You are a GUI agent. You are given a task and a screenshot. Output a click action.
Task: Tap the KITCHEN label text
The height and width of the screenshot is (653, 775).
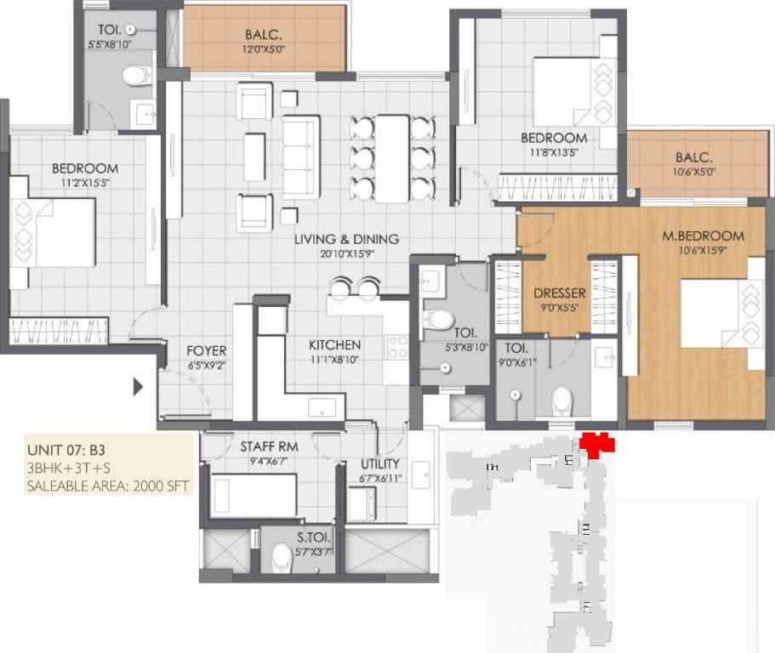(x=334, y=345)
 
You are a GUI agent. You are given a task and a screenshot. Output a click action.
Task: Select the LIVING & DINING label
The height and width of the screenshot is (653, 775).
(x=346, y=239)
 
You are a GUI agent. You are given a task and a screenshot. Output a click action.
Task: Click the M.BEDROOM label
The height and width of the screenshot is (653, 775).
(x=703, y=236)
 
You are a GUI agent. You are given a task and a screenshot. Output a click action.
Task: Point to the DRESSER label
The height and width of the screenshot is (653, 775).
(x=560, y=293)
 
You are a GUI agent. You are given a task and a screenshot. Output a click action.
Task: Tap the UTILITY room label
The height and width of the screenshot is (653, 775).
(x=380, y=465)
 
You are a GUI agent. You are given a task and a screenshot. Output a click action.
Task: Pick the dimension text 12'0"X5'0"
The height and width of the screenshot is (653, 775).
(x=265, y=50)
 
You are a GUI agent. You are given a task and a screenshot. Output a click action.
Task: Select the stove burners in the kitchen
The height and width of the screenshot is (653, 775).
(x=397, y=346)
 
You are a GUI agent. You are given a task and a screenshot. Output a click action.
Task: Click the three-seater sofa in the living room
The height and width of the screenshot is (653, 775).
(x=300, y=157)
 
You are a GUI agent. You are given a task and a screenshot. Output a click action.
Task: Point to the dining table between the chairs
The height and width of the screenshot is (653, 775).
(x=392, y=158)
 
